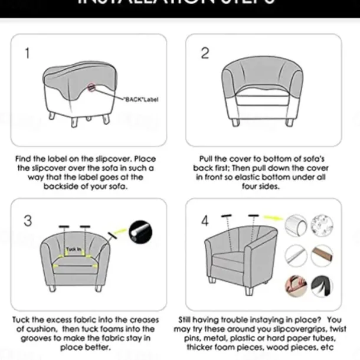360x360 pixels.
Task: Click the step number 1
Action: coord(27,54)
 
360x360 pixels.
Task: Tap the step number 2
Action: coord(205,54)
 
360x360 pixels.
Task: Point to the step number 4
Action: coord(205,221)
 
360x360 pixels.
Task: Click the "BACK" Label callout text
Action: coord(142,100)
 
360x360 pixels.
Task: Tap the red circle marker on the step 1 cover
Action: coord(91,87)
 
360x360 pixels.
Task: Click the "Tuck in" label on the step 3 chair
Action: coord(74,250)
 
